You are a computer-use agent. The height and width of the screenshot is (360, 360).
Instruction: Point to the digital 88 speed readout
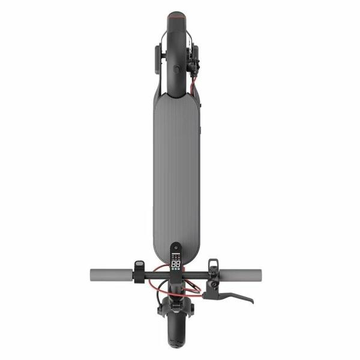pyautogui.click(x=176, y=263)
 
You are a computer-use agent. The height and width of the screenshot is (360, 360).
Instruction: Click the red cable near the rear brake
pyautogui.click(x=193, y=87)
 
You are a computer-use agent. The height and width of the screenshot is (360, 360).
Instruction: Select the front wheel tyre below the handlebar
pyautogui.click(x=176, y=336)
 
